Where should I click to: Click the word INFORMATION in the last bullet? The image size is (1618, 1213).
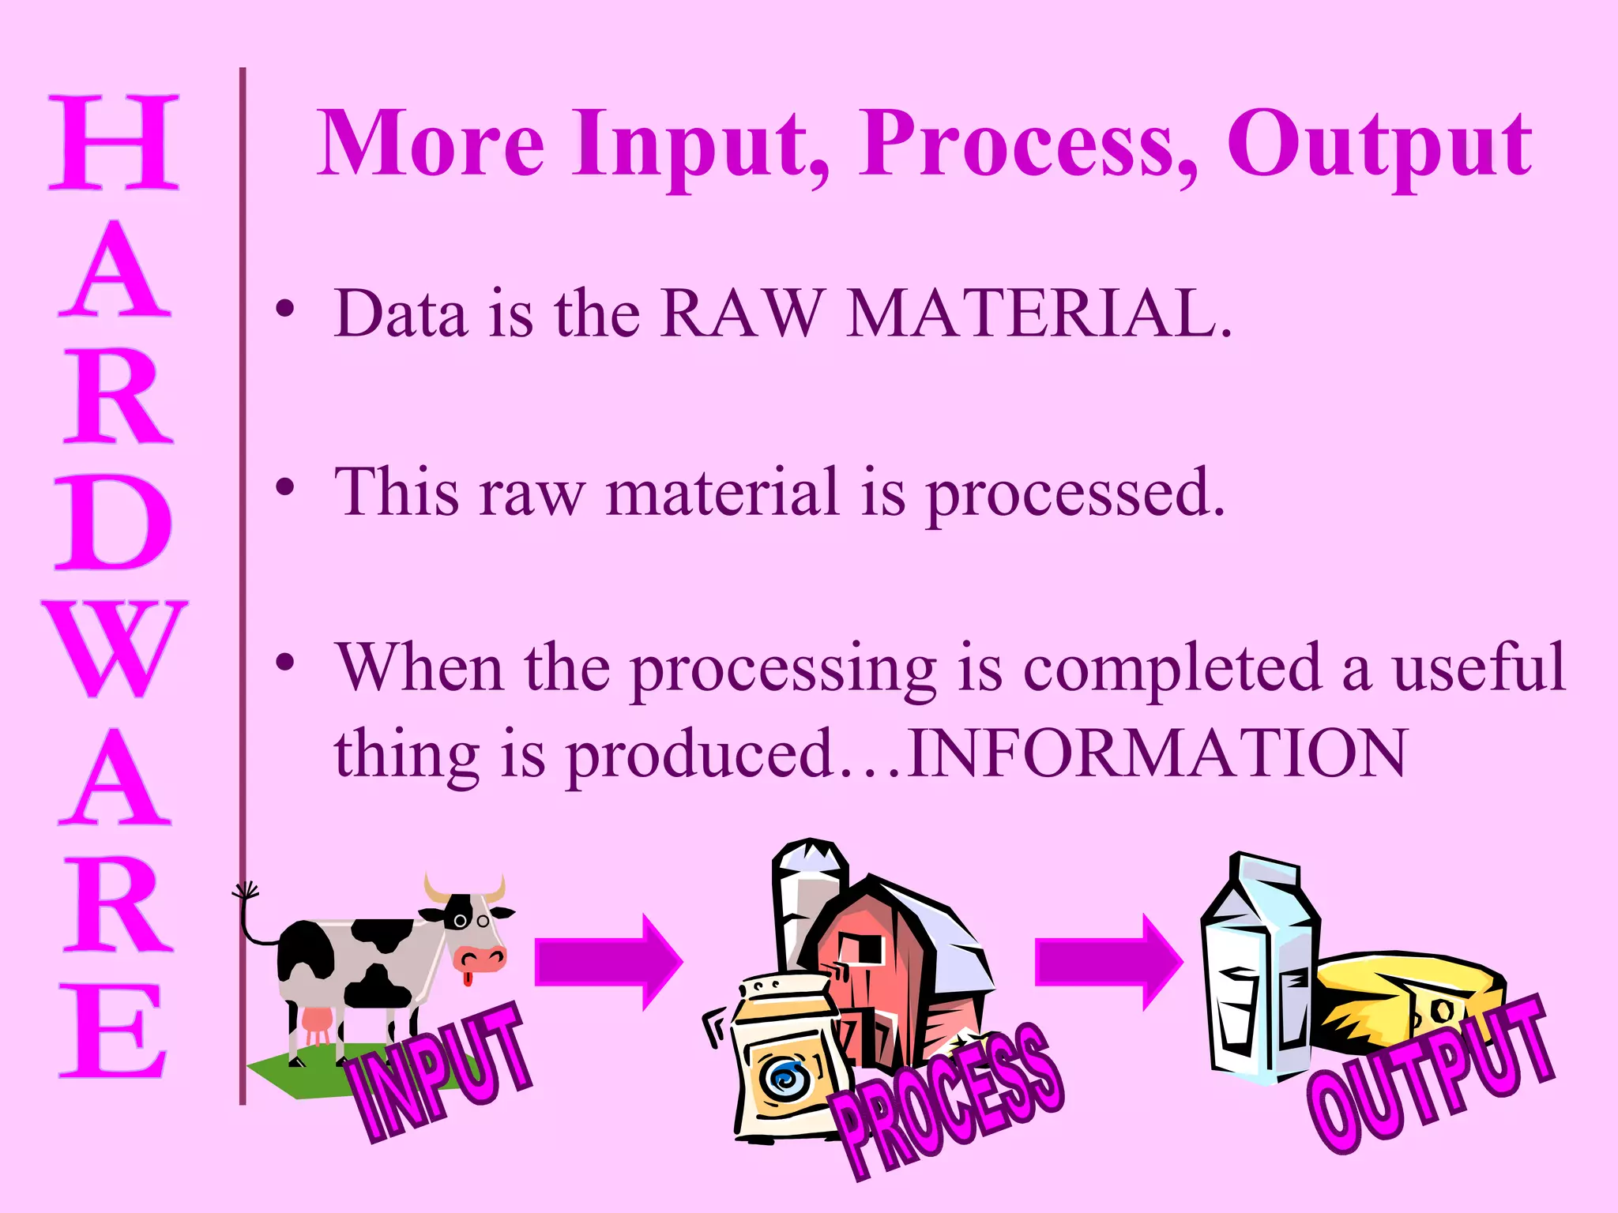pos(1157,753)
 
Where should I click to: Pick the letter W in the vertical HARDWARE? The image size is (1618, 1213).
pos(115,649)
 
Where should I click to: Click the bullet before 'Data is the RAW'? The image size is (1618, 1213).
pos(285,309)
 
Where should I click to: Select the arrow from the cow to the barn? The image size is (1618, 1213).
pos(608,962)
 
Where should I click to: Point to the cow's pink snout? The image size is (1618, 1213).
pos(480,958)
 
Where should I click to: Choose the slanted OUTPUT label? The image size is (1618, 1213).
pos(1430,1074)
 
